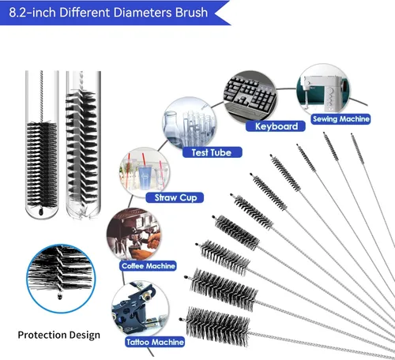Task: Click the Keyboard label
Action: pyautogui.click(x=276, y=126)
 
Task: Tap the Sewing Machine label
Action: pyautogui.click(x=340, y=119)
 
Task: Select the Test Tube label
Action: pyautogui.click(x=212, y=152)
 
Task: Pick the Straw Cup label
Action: pyautogui.click(x=175, y=197)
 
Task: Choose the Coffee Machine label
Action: pyautogui.click(x=148, y=266)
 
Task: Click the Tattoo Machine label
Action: pyautogui.click(x=155, y=342)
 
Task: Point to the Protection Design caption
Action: pyautogui.click(x=59, y=336)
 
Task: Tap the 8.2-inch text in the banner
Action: pyautogui.click(x=32, y=13)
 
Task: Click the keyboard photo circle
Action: pyautogui.click(x=250, y=97)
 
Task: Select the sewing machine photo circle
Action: pyautogui.click(x=323, y=90)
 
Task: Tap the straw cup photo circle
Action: pyautogui.click(x=145, y=173)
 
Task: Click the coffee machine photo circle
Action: pyautogui.click(x=134, y=234)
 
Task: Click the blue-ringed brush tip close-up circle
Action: pyautogui.click(x=61, y=279)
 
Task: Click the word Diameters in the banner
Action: pyautogui.click(x=142, y=13)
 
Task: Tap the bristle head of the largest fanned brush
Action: pyautogui.click(x=217, y=326)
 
